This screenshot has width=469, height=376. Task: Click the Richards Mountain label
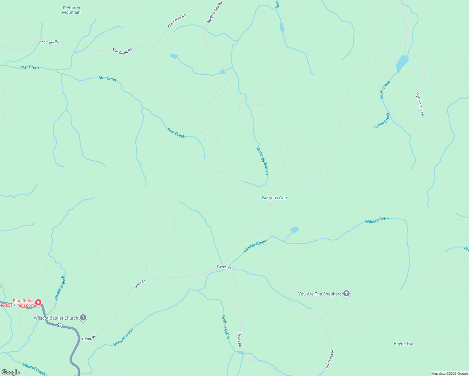click(x=71, y=10)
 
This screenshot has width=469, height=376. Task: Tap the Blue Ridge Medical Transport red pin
click(x=38, y=303)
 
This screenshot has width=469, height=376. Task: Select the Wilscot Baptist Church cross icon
click(x=83, y=318)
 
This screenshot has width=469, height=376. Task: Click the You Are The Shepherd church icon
click(x=346, y=294)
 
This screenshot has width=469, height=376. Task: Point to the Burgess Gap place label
click(x=274, y=198)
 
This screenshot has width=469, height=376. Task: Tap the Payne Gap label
click(x=404, y=344)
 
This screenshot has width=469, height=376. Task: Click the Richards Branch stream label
click(x=263, y=161)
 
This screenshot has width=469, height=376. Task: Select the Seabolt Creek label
click(x=226, y=326)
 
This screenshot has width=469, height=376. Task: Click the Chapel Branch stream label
click(x=60, y=288)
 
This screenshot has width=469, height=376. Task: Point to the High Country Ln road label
click(x=420, y=104)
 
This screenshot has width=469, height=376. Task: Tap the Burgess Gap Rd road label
click(x=215, y=12)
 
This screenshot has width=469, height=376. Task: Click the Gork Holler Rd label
click(x=329, y=359)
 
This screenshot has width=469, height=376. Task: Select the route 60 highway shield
click(x=60, y=326)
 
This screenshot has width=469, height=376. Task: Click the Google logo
click(x=11, y=372)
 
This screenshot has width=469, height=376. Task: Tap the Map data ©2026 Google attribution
click(x=450, y=373)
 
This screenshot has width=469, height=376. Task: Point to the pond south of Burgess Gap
click(x=295, y=230)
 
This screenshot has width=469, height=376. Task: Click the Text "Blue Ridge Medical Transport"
click(x=17, y=303)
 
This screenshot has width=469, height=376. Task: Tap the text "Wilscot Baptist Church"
click(x=56, y=318)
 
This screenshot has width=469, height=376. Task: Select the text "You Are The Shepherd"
click(x=320, y=294)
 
